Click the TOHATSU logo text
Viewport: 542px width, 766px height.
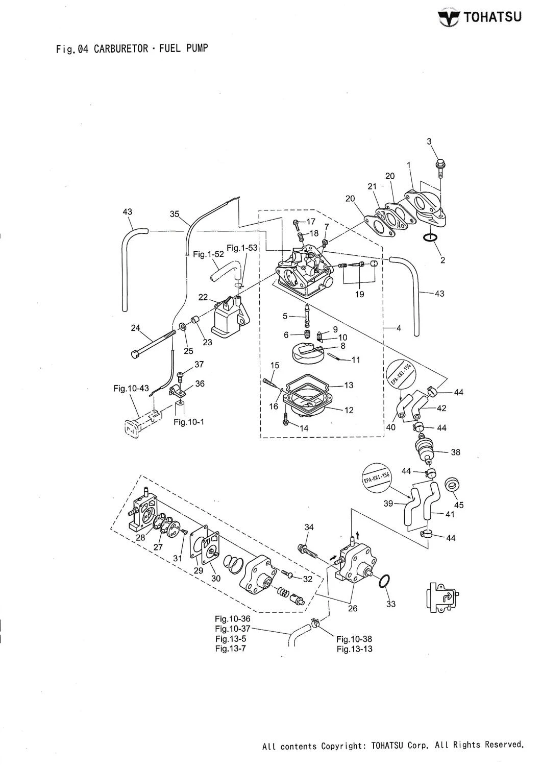[x=492, y=17]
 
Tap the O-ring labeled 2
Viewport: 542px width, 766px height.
[x=430, y=238]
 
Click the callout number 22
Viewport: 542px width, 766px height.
[x=203, y=297]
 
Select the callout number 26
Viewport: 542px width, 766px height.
[x=352, y=608]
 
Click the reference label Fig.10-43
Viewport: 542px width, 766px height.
[x=131, y=389]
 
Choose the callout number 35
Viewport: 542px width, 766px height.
[x=175, y=215]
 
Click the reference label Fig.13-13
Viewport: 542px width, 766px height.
[x=354, y=649]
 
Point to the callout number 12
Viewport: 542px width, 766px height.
[x=349, y=410]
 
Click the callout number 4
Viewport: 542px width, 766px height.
[x=399, y=328]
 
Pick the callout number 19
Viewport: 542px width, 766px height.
[x=360, y=295]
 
